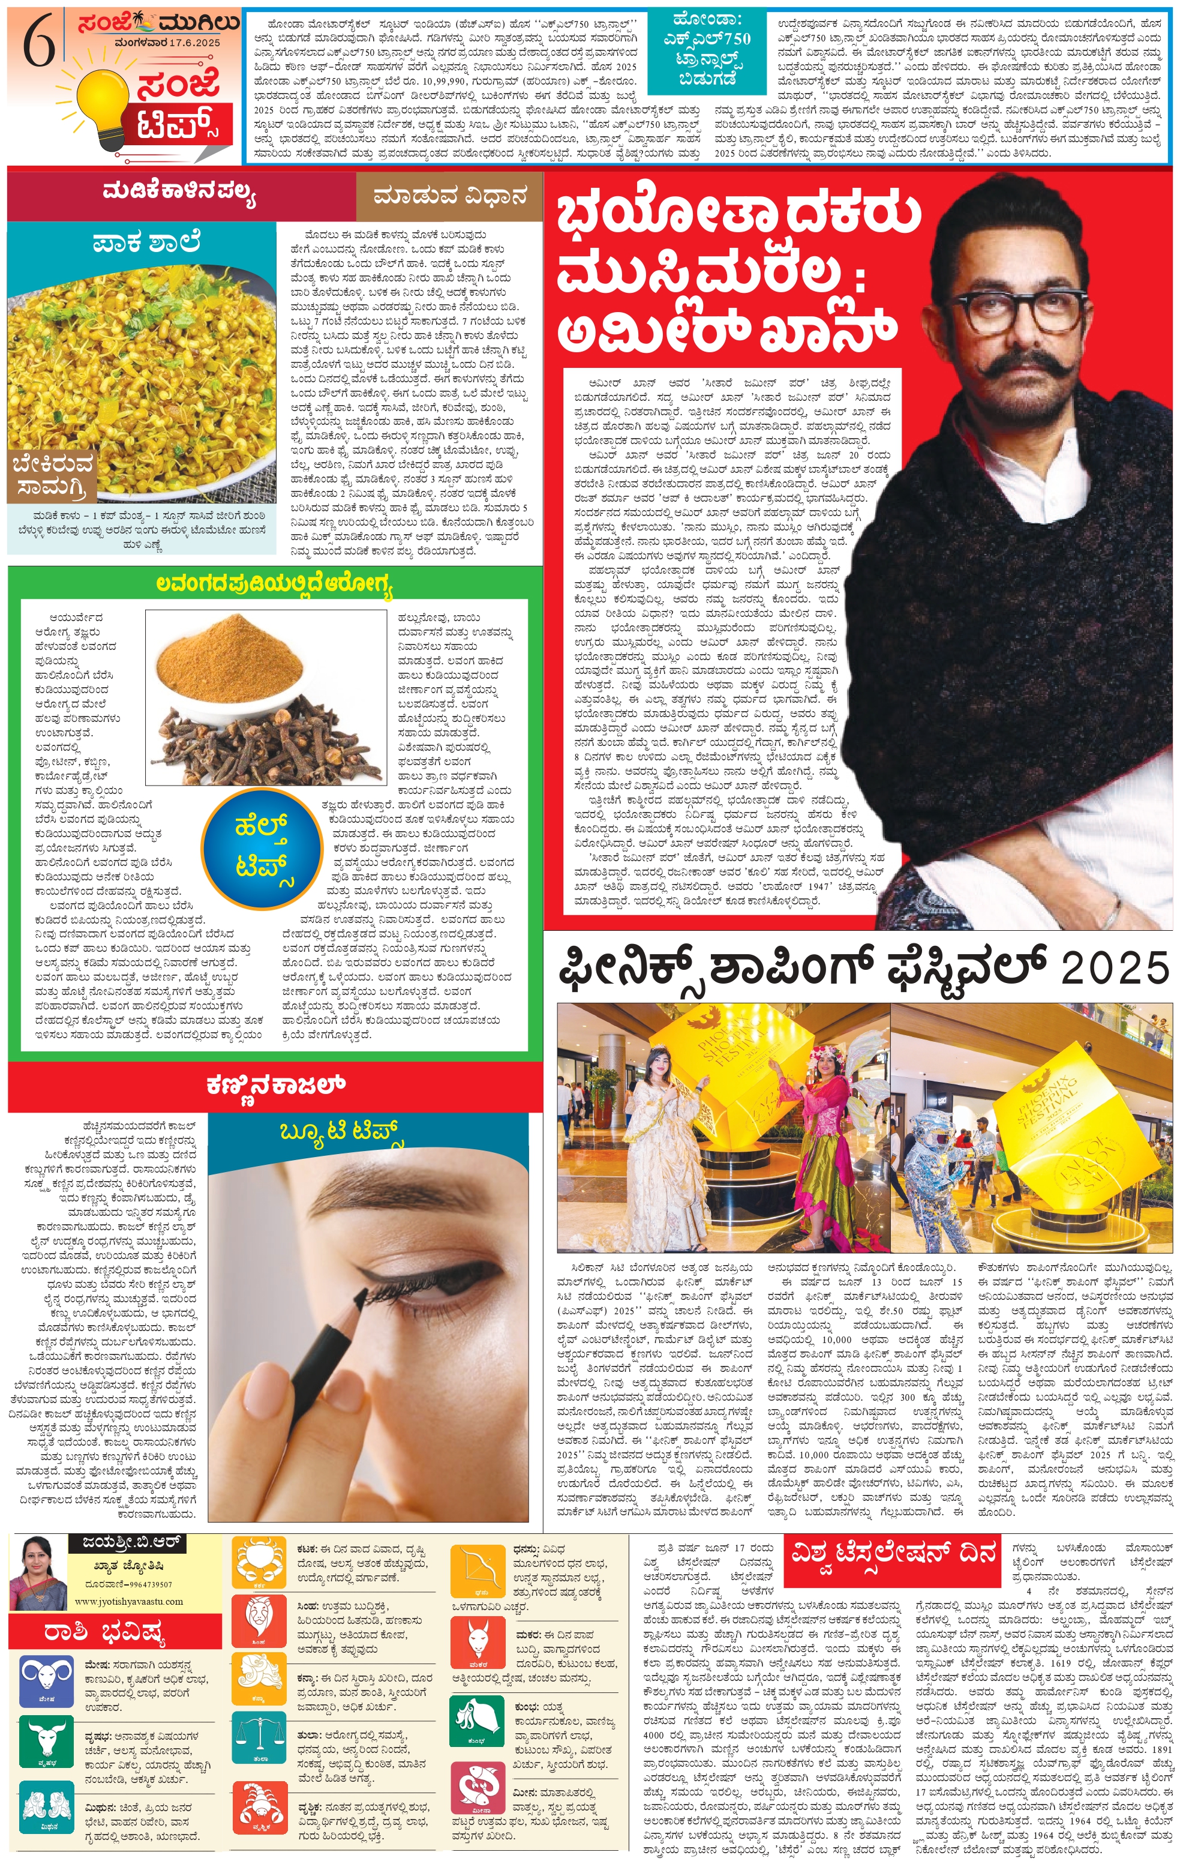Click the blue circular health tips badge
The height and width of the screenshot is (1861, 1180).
coord(262,848)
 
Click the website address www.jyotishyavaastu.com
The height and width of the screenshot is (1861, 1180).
coord(129,1601)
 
